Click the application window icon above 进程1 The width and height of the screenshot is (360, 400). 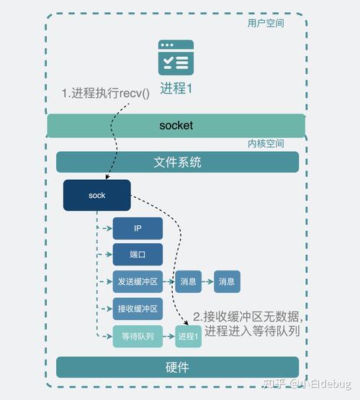(x=176, y=58)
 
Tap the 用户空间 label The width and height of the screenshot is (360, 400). (x=265, y=23)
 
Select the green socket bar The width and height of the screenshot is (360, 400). (x=176, y=125)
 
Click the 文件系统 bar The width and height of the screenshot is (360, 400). (x=177, y=163)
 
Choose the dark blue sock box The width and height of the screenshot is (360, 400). (x=96, y=196)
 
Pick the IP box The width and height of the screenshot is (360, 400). (x=138, y=229)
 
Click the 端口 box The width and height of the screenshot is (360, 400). (x=138, y=255)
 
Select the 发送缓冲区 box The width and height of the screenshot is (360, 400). (x=138, y=282)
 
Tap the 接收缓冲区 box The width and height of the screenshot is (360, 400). (x=138, y=309)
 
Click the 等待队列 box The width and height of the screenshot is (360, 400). (x=138, y=337)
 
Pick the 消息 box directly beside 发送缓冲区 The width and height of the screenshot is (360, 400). (x=188, y=282)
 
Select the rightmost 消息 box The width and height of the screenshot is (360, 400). (x=227, y=282)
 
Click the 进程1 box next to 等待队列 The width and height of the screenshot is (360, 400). (x=189, y=337)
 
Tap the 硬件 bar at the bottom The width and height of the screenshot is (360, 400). (x=177, y=367)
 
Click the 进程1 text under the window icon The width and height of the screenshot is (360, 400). (x=176, y=88)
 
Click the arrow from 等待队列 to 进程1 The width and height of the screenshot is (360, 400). (x=168, y=337)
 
